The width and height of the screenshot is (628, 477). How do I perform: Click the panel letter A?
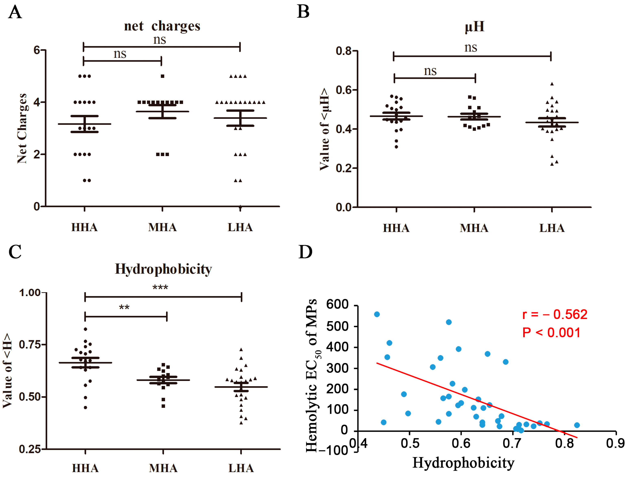pyautogui.click(x=15, y=12)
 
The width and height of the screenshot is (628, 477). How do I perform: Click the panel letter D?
pyautogui.click(x=305, y=252)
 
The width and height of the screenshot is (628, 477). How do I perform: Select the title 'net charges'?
pyautogui.click(x=162, y=26)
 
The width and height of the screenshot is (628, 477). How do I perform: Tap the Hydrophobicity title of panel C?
pyautogui.click(x=163, y=269)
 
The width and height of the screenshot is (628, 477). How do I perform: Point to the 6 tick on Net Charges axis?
pyautogui.click(x=37, y=50)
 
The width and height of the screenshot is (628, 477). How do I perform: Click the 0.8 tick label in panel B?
pyautogui.click(x=344, y=51)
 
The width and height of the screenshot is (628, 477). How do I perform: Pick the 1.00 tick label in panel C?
pyautogui.click(x=30, y=293)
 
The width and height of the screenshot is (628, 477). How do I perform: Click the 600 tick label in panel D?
pyautogui.click(x=337, y=304)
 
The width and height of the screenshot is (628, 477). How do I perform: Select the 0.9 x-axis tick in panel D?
pyautogui.click(x=615, y=443)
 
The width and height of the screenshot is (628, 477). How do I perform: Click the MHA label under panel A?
pyautogui.click(x=162, y=228)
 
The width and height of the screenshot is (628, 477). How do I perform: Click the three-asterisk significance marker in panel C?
pyautogui.click(x=160, y=288)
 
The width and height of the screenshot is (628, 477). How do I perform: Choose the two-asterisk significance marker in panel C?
pyautogui.click(x=124, y=307)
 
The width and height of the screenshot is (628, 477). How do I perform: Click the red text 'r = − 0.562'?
pyautogui.click(x=555, y=315)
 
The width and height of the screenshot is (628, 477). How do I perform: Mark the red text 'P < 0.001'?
pyautogui.click(x=551, y=333)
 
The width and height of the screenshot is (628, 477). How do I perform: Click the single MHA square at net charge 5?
pyautogui.click(x=162, y=76)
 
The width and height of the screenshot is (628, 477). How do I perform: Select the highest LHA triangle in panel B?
pyautogui.click(x=552, y=84)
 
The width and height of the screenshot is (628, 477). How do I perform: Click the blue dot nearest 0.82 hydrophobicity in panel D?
pyautogui.click(x=577, y=425)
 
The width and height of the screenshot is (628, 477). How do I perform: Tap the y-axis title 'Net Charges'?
pyautogui.click(x=22, y=128)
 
